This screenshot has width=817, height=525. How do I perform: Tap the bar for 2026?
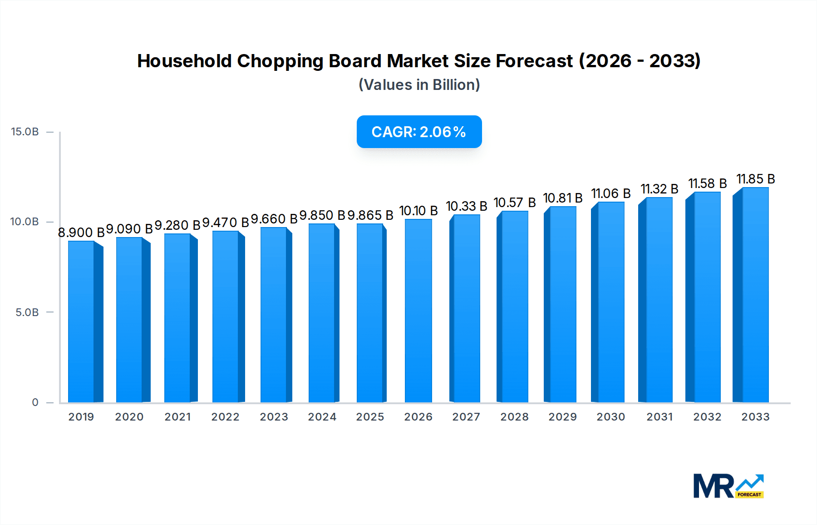[x=418, y=311]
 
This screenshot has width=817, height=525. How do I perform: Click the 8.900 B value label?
[x=81, y=233]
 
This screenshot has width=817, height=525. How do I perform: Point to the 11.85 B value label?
[x=755, y=179]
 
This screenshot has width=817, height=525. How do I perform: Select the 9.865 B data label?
[x=370, y=215]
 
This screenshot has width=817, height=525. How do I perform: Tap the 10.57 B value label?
[x=514, y=203]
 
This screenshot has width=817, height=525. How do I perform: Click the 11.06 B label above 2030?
[x=610, y=193]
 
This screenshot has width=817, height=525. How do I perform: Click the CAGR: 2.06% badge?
[x=419, y=132]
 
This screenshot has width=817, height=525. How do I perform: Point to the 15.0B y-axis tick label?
[x=25, y=132]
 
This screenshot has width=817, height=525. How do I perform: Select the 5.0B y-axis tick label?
[x=27, y=312]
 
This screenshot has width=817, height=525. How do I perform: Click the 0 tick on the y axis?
[x=35, y=402]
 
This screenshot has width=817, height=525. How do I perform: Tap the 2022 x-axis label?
[x=225, y=417]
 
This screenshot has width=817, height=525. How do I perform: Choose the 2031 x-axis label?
[x=659, y=417]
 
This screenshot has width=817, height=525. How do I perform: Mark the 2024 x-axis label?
[x=322, y=417]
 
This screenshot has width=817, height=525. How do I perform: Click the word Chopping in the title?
[x=280, y=61]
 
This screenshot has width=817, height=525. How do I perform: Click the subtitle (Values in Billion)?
[x=419, y=85]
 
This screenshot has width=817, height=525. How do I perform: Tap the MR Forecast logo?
[x=728, y=486]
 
